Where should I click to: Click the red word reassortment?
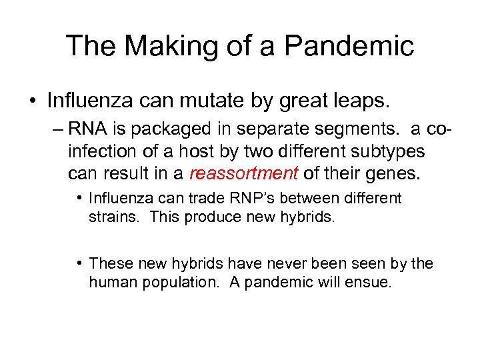pyautogui.click(x=243, y=174)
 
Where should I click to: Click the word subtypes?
pyautogui.click(x=392, y=151)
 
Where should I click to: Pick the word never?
pyautogui.click(x=284, y=264)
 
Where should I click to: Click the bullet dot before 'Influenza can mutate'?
pyautogui.click(x=33, y=101)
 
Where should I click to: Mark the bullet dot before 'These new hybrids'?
pyautogui.click(x=79, y=264)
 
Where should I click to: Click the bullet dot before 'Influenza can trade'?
pyautogui.click(x=79, y=198)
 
